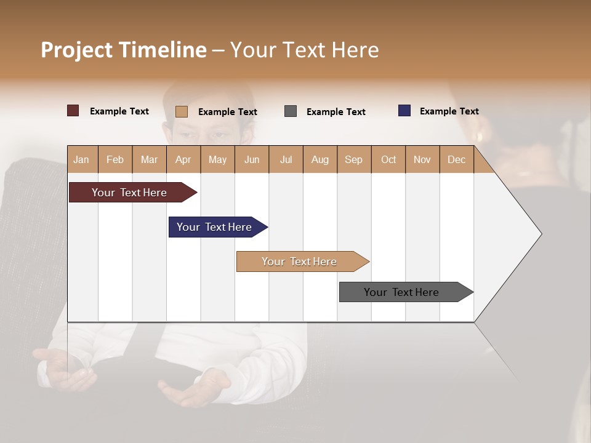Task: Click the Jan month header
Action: pyautogui.click(x=82, y=159)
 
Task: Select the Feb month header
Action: pyautogui.click(x=115, y=159)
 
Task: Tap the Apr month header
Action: pyautogui.click(x=183, y=159)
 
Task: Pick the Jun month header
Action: pyautogui.click(x=251, y=159)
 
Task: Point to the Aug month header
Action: pyautogui.click(x=320, y=159)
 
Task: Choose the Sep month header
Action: pyautogui.click(x=353, y=159)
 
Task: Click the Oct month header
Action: pyautogui.click(x=388, y=159)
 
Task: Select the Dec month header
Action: pyautogui.click(x=456, y=159)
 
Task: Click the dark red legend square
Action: pyautogui.click(x=73, y=111)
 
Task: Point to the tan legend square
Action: pyautogui.click(x=182, y=111)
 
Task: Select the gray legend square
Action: pyautogui.click(x=291, y=111)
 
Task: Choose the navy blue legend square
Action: pyautogui.click(x=404, y=111)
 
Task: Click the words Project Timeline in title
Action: pyautogui.click(x=124, y=50)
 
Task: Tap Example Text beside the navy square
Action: pyautogui.click(x=449, y=111)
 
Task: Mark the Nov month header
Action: pyautogui.click(x=422, y=159)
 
